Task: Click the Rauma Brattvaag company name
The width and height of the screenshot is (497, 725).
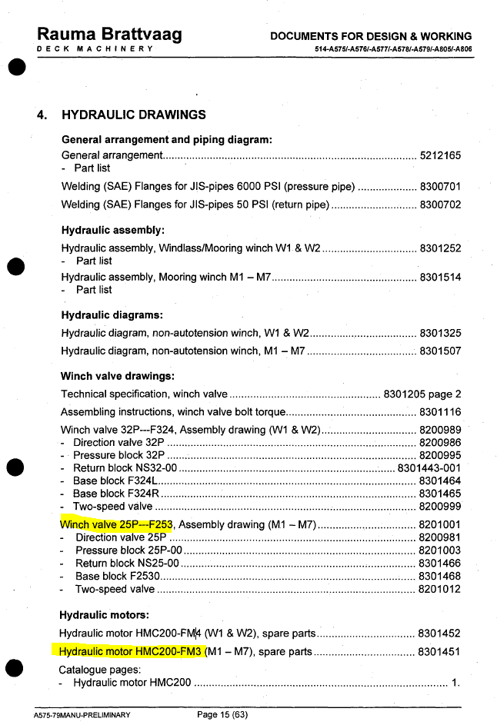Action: pyautogui.click(x=109, y=35)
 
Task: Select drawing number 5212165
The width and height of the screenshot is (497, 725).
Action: pyautogui.click(x=440, y=155)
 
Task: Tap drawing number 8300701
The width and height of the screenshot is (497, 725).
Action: pyautogui.click(x=440, y=187)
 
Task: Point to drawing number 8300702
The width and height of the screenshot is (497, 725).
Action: pyautogui.click(x=440, y=205)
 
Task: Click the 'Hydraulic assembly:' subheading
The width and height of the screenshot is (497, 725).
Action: pyautogui.click(x=113, y=230)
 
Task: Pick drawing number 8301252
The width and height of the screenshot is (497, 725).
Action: pyautogui.click(x=440, y=248)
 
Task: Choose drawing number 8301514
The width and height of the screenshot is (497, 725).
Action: pyautogui.click(x=440, y=277)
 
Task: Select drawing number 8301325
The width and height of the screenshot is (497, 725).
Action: pyautogui.click(x=440, y=334)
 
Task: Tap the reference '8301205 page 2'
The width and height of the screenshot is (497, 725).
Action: pyautogui.click(x=422, y=394)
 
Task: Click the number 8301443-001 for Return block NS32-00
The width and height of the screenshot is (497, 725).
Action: pyautogui.click(x=429, y=467)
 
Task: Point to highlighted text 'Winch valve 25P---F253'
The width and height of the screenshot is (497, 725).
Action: pyautogui.click(x=116, y=525)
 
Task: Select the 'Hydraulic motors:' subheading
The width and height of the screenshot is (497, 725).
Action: pyautogui.click(x=105, y=615)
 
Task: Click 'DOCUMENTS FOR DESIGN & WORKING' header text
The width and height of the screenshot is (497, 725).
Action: pyautogui.click(x=371, y=36)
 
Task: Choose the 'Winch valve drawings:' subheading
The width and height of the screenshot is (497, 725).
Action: pyautogui.click(x=118, y=377)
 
